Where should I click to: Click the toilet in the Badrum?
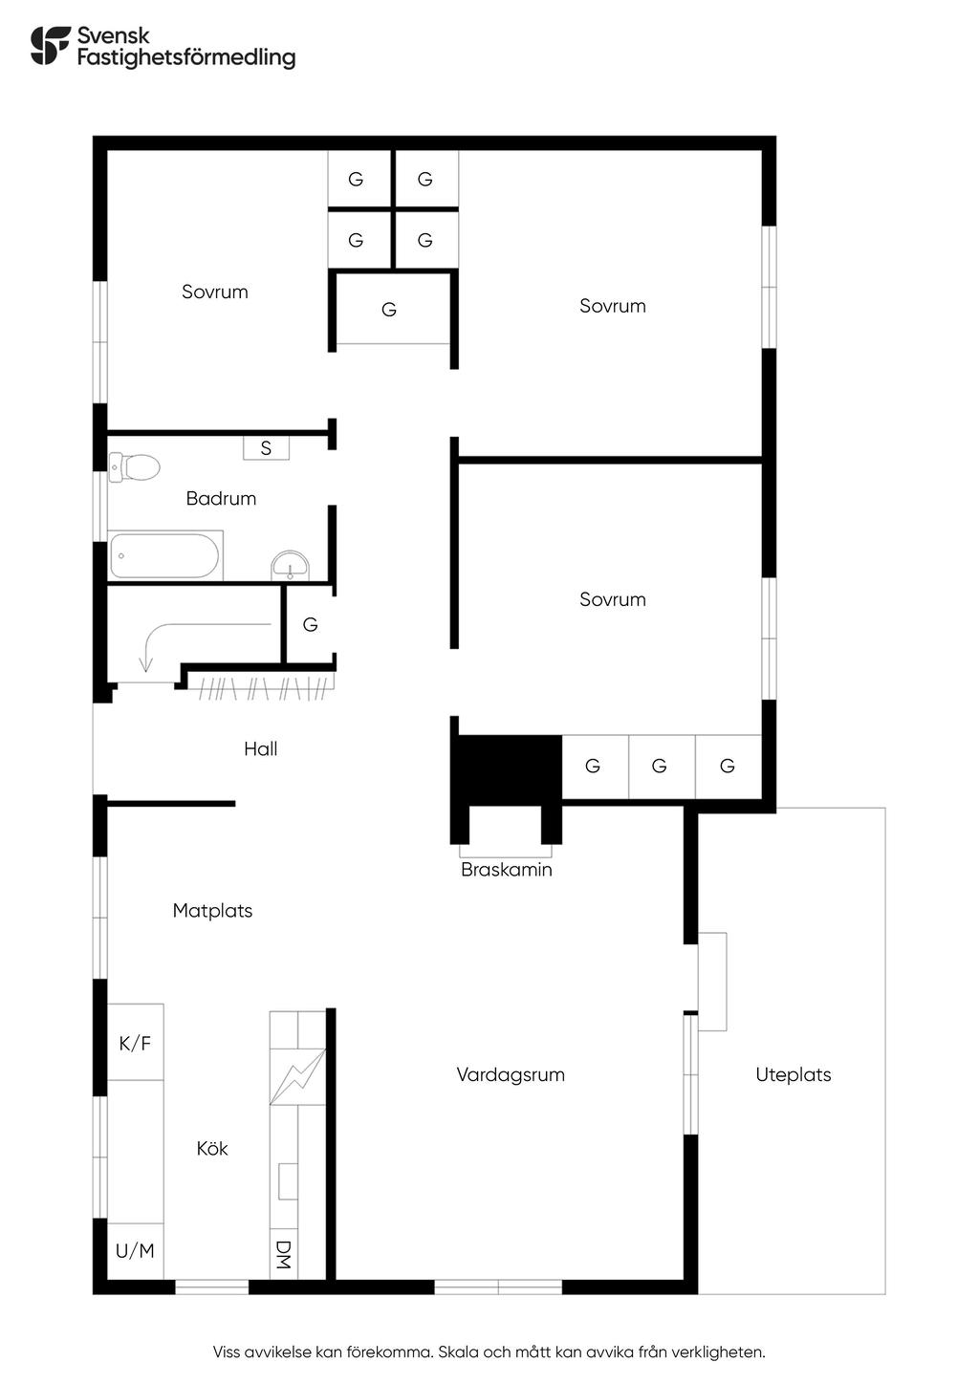135,467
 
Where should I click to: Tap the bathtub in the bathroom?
165,555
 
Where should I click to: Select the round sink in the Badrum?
290,564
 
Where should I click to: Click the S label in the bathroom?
266,447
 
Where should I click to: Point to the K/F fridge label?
135,1043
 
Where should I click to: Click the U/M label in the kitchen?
135,1250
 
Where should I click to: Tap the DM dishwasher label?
283,1254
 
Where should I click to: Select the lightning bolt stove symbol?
298,1077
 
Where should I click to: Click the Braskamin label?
506,870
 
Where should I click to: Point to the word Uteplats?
793,1074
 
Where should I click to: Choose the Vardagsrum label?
511,1074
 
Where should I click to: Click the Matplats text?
212,911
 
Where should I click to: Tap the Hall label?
260,748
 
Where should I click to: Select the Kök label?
212,1148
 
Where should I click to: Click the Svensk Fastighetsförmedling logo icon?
50,45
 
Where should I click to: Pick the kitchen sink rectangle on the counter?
287,1181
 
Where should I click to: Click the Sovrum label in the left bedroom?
215,292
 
